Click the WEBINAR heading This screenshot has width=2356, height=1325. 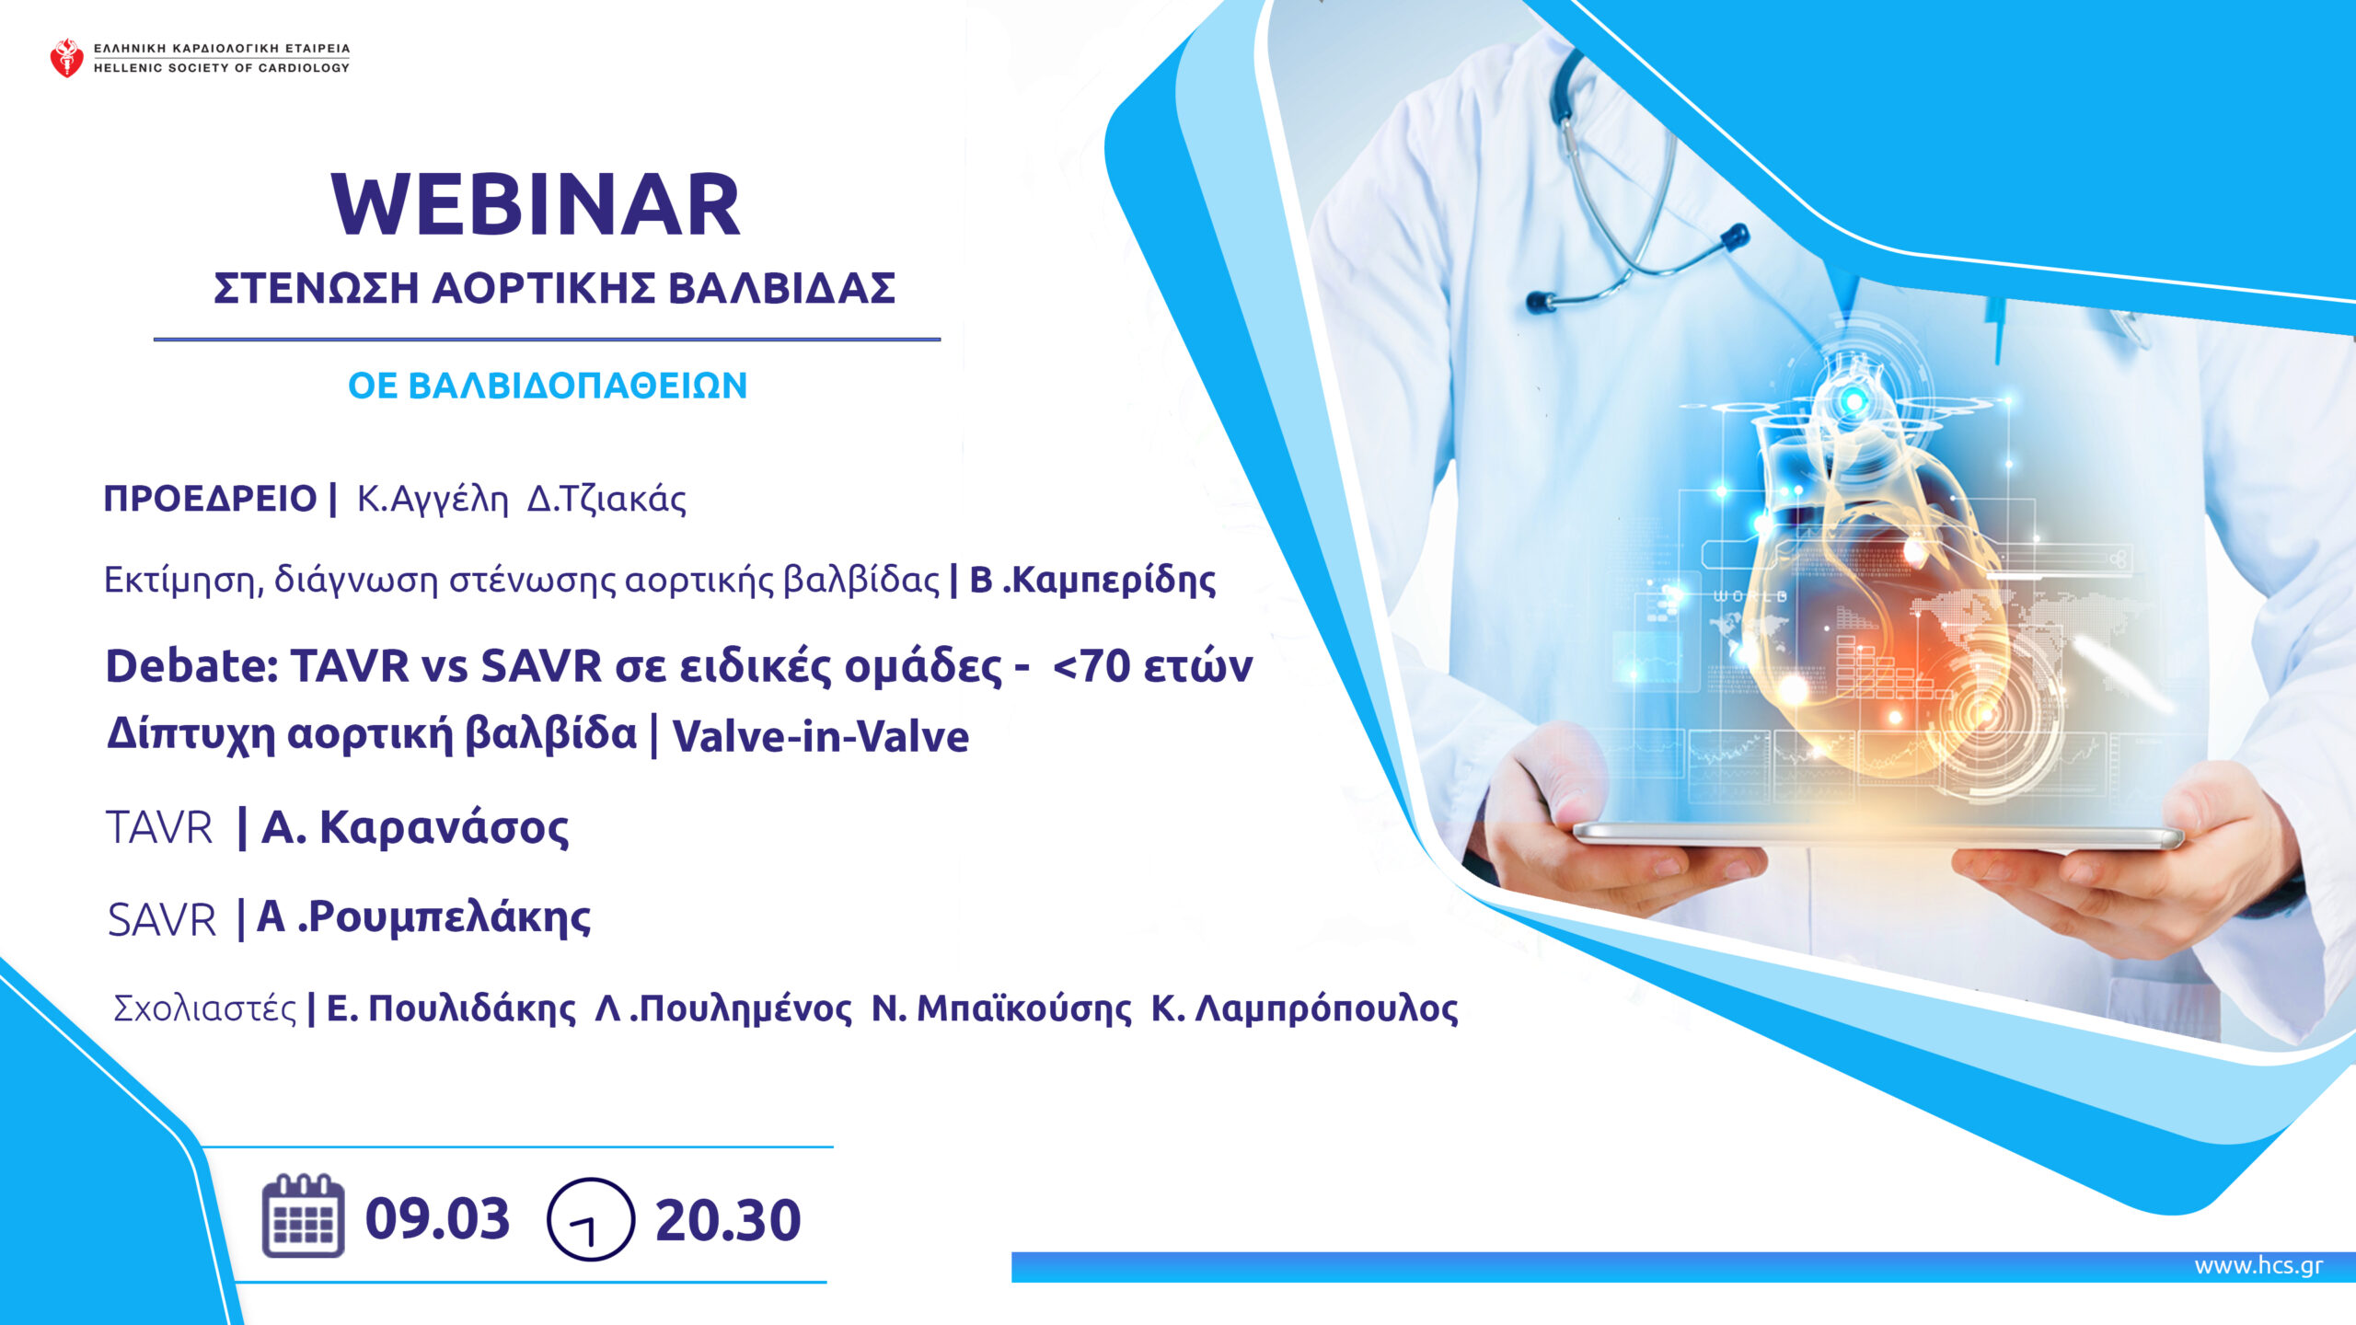point(536,204)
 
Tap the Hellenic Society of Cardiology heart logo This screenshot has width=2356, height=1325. point(66,57)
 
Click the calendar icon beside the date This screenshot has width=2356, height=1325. point(303,1216)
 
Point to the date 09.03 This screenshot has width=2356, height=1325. point(437,1219)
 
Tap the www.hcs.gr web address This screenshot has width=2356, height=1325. point(2258,1266)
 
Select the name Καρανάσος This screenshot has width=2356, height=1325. point(444,826)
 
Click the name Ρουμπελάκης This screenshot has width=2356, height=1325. point(449,917)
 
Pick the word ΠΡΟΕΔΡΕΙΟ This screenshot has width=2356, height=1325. point(210,499)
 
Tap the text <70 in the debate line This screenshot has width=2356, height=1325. point(1091,666)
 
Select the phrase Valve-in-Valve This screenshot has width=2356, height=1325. point(821,737)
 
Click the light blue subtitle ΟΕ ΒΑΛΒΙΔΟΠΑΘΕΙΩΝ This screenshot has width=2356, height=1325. point(548,386)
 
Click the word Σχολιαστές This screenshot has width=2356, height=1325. point(204,1009)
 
